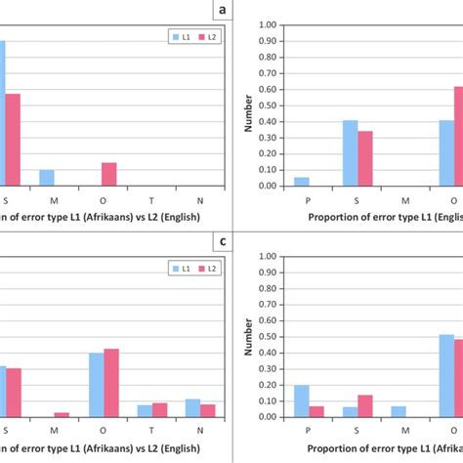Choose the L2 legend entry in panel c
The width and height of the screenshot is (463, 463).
pos(204,268)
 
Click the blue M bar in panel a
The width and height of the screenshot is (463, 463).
pos(47,178)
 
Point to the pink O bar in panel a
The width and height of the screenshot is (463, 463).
pos(109,174)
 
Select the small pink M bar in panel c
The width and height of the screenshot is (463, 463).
pos(62,414)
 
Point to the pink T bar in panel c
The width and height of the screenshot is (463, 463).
pos(160,410)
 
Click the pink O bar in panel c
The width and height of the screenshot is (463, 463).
pos(111,383)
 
